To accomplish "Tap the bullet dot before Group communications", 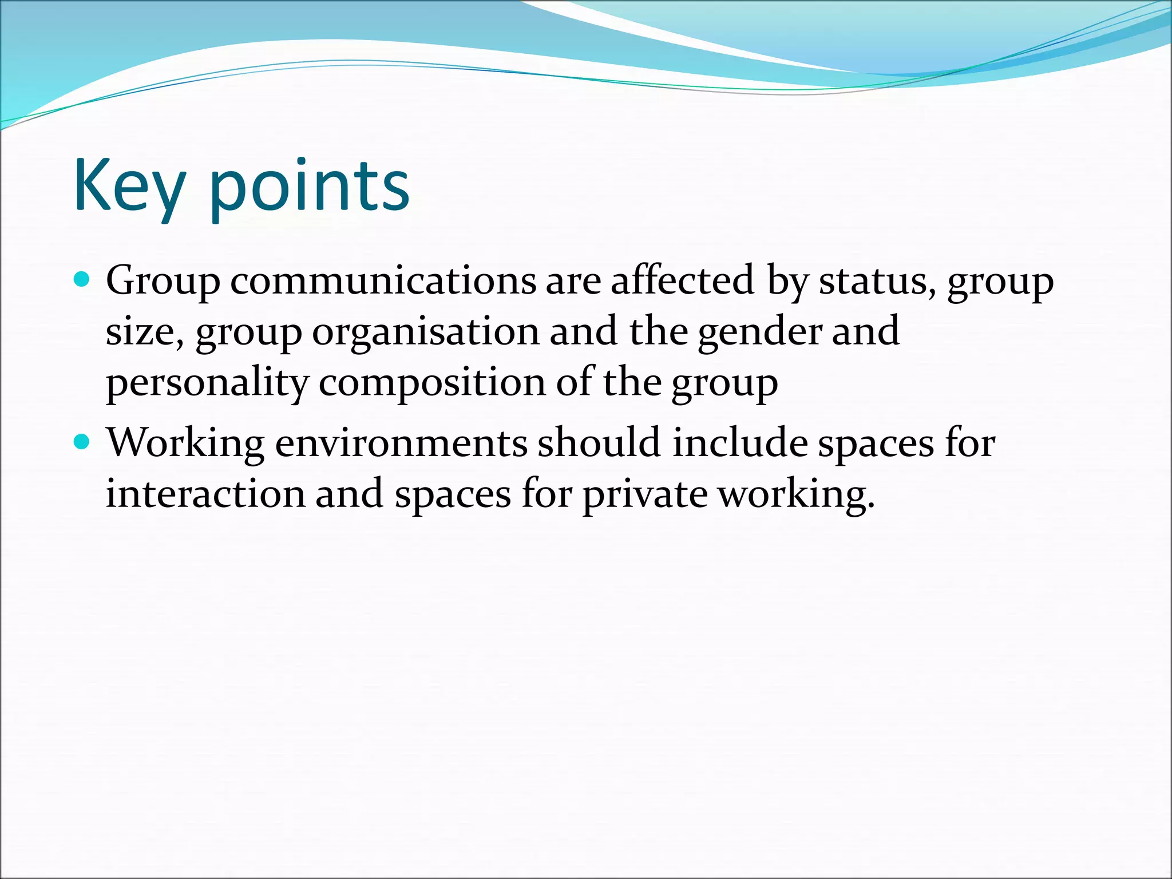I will [x=82, y=279].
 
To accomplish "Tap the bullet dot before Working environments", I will [x=82, y=442].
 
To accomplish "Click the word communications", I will [x=383, y=281].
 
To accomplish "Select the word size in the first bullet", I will [x=144, y=332].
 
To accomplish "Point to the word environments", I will [x=401, y=444].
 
